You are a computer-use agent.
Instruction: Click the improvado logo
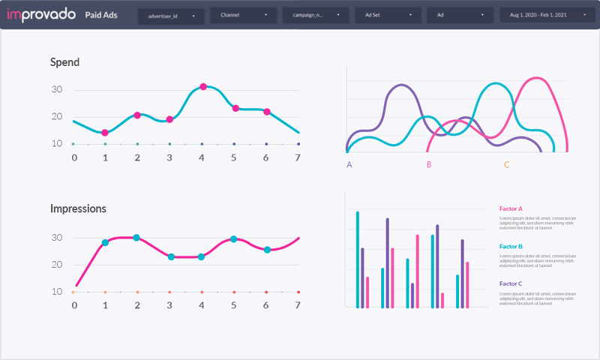(x=40, y=15)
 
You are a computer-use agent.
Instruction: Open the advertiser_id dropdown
(x=171, y=15)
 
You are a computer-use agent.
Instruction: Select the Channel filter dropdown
(x=243, y=15)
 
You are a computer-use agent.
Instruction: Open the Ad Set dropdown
(x=387, y=15)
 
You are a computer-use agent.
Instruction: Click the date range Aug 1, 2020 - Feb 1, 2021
(x=538, y=15)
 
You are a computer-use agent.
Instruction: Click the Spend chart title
(x=64, y=63)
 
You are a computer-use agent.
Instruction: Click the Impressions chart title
(x=78, y=208)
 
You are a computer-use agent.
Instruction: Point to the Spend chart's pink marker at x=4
(x=203, y=87)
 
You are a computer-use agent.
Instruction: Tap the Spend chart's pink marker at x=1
(x=105, y=133)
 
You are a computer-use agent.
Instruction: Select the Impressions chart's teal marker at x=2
(x=136, y=238)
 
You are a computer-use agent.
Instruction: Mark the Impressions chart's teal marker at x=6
(x=267, y=250)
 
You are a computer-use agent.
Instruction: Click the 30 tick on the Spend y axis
(x=57, y=90)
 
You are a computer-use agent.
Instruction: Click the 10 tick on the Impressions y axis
(x=57, y=292)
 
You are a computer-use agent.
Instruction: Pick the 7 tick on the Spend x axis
(x=298, y=157)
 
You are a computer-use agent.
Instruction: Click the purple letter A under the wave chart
(x=349, y=164)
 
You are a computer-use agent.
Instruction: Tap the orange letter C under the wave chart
(x=506, y=164)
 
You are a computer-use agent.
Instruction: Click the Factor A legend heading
(x=511, y=209)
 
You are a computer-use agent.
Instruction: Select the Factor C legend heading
(x=511, y=283)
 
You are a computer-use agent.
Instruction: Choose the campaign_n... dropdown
(x=315, y=15)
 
